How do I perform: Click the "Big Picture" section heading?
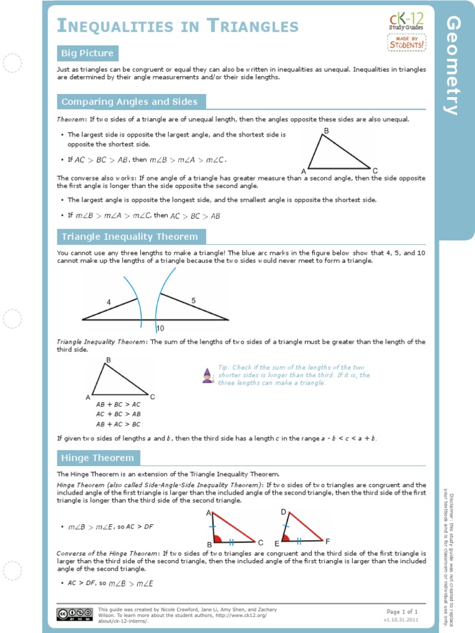pos(87,53)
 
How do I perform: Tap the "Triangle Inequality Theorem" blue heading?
pos(130,237)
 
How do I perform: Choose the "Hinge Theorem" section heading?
pos(98,458)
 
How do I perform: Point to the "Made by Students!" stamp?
pos(406,42)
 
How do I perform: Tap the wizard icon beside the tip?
pos(208,375)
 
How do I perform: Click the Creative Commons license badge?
pos(71,614)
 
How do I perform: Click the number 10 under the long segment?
pos(160,328)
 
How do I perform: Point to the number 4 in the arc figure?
pos(109,302)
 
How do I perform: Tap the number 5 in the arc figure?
pos(193,300)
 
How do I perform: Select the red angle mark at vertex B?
pos(216,537)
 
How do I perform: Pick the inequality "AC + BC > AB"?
pos(118,414)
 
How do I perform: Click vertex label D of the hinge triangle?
pos(283,512)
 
